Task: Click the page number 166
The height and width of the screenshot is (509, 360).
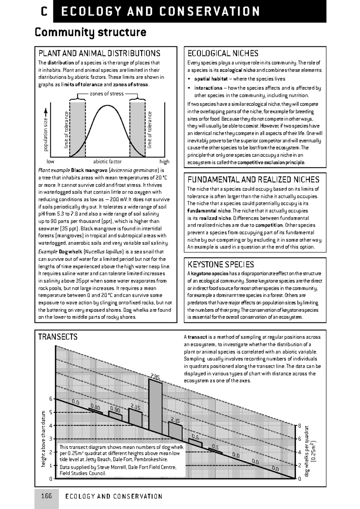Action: pos(46,496)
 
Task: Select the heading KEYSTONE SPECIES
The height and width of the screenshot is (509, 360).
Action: pos(220,264)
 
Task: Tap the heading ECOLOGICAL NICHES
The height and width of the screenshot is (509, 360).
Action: pos(223,53)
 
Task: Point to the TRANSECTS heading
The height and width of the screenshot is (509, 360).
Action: pos(58,337)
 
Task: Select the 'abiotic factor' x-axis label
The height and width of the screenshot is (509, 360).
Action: pos(107,162)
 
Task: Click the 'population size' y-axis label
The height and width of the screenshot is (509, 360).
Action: pos(46,134)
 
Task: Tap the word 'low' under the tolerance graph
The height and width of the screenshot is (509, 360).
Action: pos(50,162)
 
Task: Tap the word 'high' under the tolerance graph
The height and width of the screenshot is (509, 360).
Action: pos(164,162)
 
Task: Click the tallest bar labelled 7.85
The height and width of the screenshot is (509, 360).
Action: pos(156,405)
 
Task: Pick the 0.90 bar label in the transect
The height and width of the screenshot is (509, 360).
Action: pos(115,409)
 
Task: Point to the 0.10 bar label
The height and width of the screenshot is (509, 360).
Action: pos(95,406)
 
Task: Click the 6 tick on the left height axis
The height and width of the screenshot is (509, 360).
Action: pos(51,399)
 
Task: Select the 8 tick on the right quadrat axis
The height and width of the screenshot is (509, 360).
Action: pos(299,425)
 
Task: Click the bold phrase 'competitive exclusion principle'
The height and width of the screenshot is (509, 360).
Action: pos(271,162)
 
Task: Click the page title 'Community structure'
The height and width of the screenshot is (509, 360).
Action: pos(91,32)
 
